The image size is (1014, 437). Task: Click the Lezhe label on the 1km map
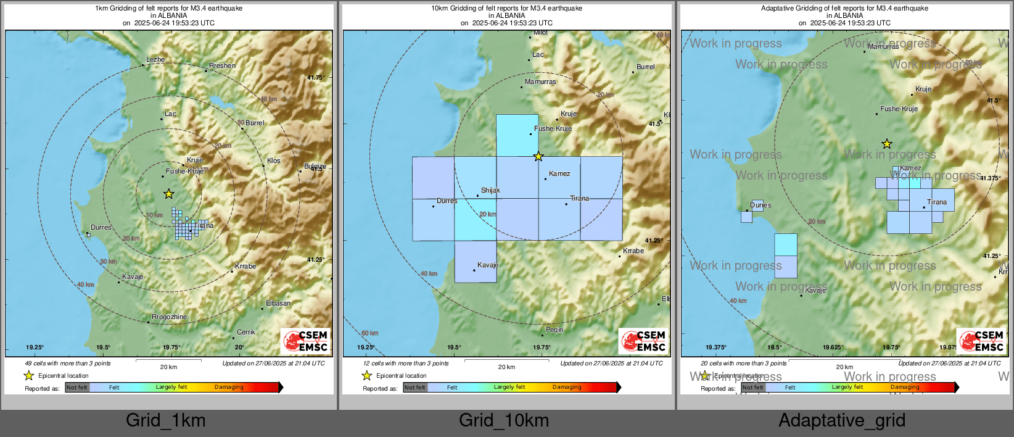[x=155, y=59]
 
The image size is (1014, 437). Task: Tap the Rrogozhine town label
[x=169, y=317]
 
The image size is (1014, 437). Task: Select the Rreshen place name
[x=222, y=65]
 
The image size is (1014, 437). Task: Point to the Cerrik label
[x=246, y=332]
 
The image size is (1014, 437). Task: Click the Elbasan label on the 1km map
[x=278, y=303]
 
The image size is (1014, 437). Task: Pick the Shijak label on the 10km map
[x=490, y=190]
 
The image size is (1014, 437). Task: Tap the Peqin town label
[x=554, y=330]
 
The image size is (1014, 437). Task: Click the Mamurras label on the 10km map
[x=540, y=81]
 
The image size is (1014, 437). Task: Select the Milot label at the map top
[x=540, y=33]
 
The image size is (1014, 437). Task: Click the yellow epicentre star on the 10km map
[x=538, y=157]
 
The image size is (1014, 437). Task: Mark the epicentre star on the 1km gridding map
[x=168, y=194]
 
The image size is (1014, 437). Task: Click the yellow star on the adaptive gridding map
[x=886, y=144]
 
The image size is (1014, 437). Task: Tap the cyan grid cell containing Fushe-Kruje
[x=517, y=135]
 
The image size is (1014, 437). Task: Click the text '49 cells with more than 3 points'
[x=68, y=364]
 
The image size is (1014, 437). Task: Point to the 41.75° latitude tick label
[x=315, y=78]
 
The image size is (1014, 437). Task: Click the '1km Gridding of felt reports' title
[x=168, y=9]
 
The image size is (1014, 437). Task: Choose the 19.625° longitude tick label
[x=833, y=348]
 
